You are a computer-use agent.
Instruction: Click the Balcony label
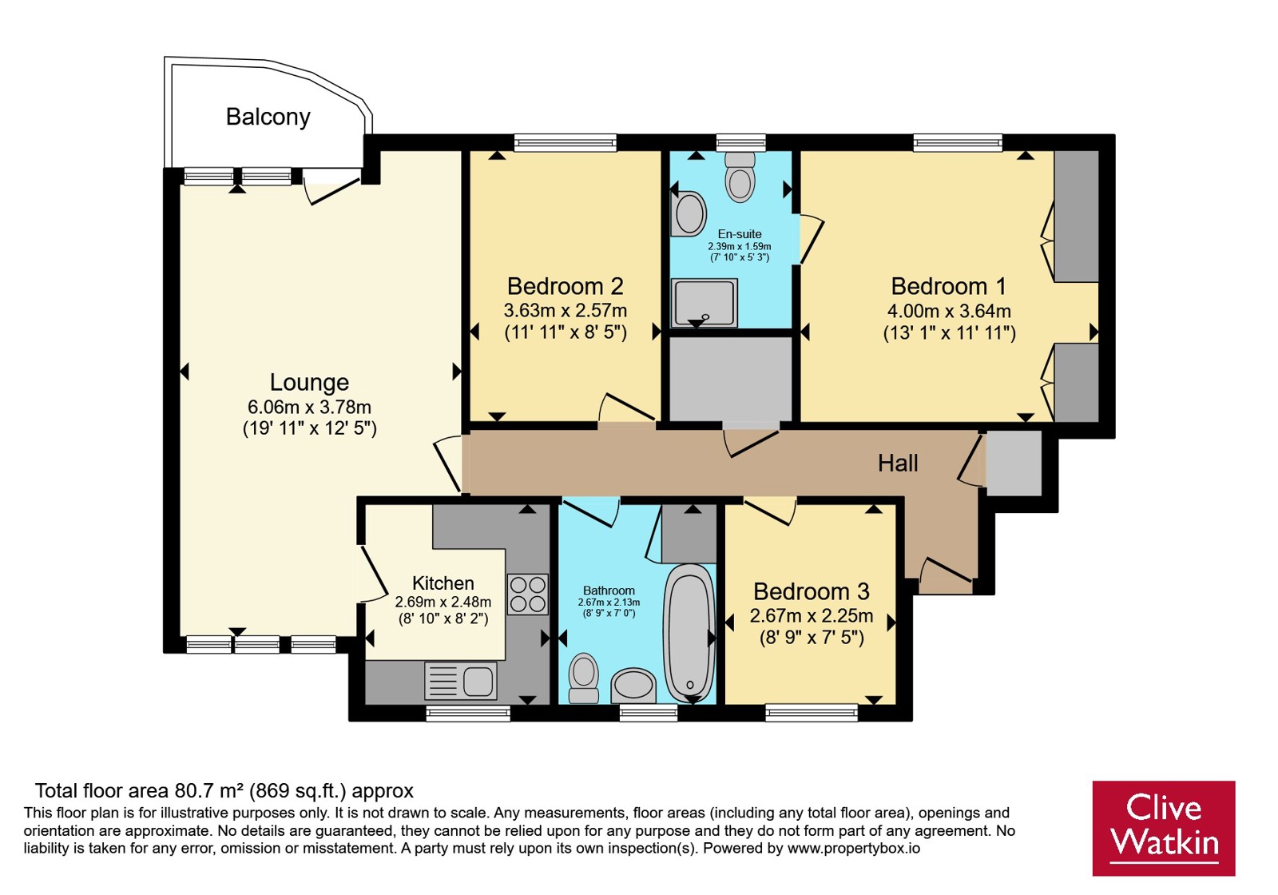(x=268, y=117)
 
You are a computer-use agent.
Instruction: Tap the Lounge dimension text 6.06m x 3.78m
(x=309, y=407)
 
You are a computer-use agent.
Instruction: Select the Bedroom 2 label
(x=566, y=286)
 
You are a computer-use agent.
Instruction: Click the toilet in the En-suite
(x=740, y=177)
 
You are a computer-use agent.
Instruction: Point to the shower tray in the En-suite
(x=704, y=303)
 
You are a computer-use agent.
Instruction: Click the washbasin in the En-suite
(x=689, y=213)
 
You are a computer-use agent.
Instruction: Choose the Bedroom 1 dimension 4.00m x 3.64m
(x=950, y=311)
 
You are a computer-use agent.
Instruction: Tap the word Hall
(x=898, y=463)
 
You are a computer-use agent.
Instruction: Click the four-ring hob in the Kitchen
(x=528, y=595)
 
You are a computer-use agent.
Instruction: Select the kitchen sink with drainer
(x=460, y=681)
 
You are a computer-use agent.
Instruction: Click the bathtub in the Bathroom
(x=689, y=633)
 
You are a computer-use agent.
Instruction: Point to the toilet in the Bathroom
(x=584, y=678)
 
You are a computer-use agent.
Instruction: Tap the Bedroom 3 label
(x=812, y=591)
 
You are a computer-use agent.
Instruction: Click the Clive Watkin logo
(x=1164, y=828)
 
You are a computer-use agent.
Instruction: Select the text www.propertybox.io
(x=854, y=848)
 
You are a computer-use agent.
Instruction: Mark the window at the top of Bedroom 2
(x=566, y=142)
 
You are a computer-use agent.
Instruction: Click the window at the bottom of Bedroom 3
(x=812, y=712)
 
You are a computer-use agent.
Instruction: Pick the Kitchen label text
(x=443, y=583)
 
